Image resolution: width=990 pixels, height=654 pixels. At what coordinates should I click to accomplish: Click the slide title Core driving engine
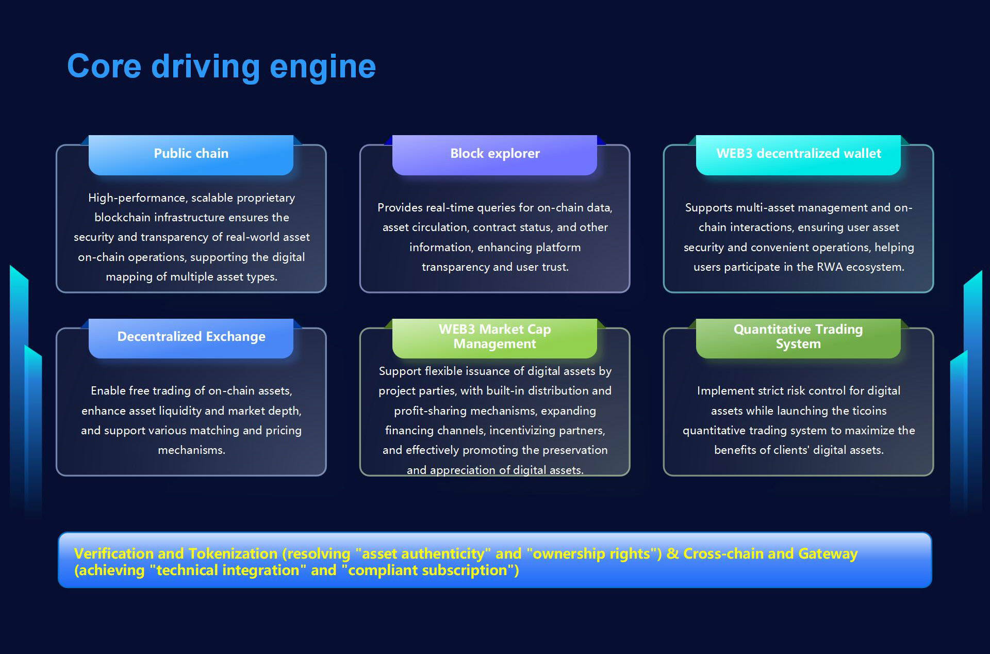[221, 67]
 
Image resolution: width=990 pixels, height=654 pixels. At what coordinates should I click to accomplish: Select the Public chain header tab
[191, 154]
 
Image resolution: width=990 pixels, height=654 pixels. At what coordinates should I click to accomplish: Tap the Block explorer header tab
[494, 154]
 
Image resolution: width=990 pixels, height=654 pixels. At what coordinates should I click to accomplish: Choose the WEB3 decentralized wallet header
[798, 154]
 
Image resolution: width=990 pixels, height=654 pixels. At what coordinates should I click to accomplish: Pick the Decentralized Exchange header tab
[191, 337]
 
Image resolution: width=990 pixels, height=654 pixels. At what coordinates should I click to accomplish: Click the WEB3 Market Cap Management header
[494, 337]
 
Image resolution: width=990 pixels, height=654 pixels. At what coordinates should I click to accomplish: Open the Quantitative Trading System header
[798, 337]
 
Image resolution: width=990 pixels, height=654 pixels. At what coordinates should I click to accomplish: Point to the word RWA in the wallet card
[829, 267]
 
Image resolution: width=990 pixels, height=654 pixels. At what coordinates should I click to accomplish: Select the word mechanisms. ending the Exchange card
[191, 450]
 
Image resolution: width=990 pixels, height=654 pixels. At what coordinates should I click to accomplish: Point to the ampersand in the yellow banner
[672, 554]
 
